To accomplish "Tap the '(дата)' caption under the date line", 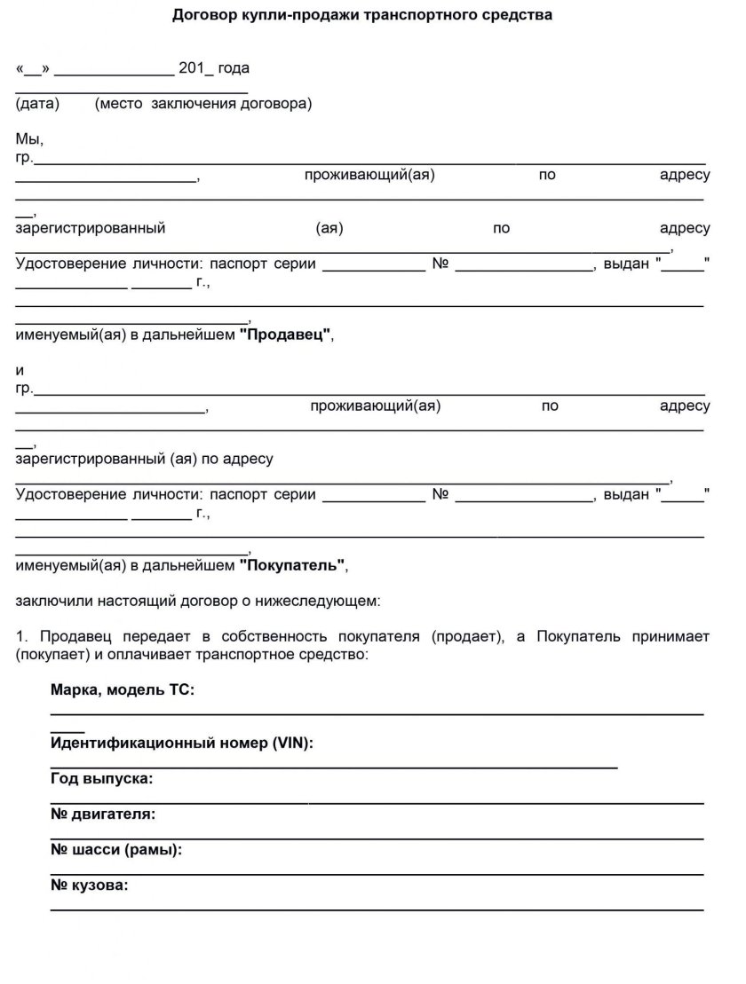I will (x=37, y=104).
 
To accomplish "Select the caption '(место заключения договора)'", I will (x=203, y=104).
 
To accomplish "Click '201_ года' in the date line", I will (x=214, y=68).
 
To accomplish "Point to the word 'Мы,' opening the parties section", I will (x=29, y=139).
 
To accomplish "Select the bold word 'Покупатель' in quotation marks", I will (x=294, y=565).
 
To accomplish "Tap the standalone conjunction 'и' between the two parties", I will (x=20, y=371).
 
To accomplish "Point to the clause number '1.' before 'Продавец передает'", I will (x=22, y=637).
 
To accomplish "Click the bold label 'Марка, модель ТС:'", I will (x=123, y=690).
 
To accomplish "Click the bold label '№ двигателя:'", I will (x=103, y=814).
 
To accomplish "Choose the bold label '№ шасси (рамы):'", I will (x=116, y=849).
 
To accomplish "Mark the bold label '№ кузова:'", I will (x=90, y=885).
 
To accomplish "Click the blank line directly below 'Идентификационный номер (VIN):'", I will (x=334, y=764).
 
